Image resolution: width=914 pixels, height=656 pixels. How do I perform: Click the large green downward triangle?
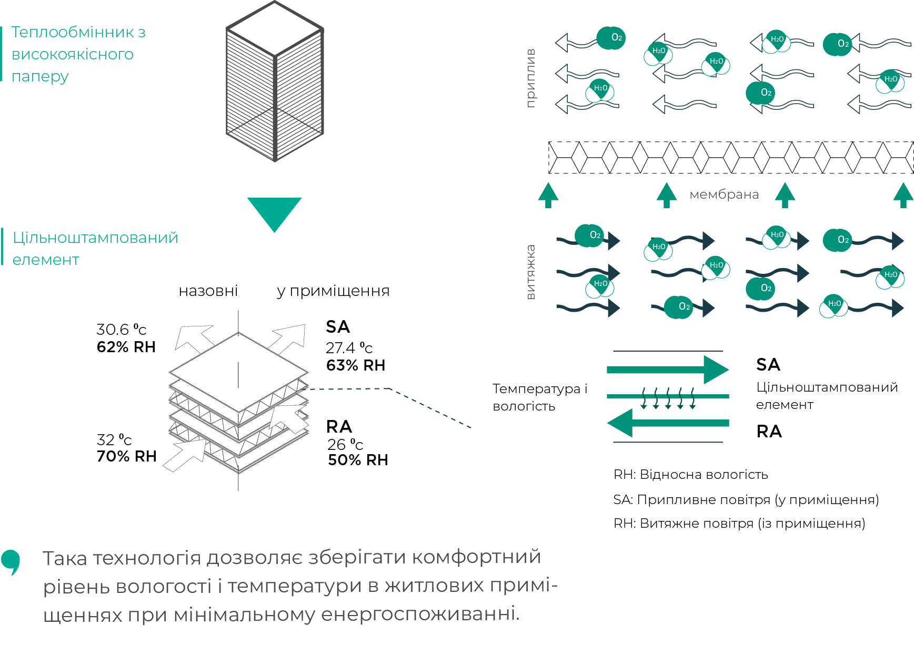click(x=274, y=211)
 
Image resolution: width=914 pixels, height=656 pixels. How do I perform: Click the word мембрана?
click(x=724, y=194)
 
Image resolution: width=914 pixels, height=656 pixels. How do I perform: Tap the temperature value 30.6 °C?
click(x=122, y=330)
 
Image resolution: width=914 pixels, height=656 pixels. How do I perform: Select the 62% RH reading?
click(x=126, y=347)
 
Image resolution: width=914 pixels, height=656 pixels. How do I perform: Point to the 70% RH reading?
click(x=127, y=456)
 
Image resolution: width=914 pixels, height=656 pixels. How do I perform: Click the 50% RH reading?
click(x=358, y=460)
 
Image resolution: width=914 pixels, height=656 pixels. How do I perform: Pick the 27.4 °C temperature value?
click(x=349, y=348)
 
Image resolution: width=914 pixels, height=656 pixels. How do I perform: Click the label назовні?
click(x=208, y=291)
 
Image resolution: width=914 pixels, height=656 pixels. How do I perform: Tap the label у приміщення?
click(x=334, y=291)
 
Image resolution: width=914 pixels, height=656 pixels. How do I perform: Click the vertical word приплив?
click(x=530, y=78)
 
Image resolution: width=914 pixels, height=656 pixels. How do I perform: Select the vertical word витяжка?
click(x=530, y=272)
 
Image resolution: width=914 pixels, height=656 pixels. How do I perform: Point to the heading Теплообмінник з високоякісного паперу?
click(x=78, y=54)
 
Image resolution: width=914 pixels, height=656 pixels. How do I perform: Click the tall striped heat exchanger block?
click(x=275, y=81)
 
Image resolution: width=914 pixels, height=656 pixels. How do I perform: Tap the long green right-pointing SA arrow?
click(x=668, y=370)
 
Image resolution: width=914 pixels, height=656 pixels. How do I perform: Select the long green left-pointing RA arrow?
click(x=668, y=423)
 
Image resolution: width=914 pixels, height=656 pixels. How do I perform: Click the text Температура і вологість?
click(x=540, y=397)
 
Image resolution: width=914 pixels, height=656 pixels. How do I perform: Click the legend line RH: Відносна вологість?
click(x=690, y=475)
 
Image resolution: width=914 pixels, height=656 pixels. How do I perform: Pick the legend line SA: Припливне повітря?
click(x=746, y=500)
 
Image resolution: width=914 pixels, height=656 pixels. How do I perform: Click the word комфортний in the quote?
click(x=476, y=557)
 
